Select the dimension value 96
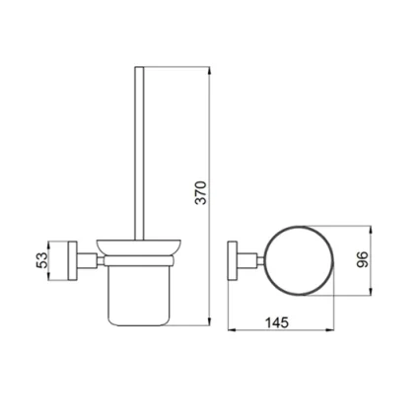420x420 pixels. (x=362, y=259)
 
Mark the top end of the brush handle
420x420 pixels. (x=140, y=69)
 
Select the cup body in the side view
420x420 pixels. (x=137, y=295)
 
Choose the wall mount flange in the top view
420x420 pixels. (x=232, y=259)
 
